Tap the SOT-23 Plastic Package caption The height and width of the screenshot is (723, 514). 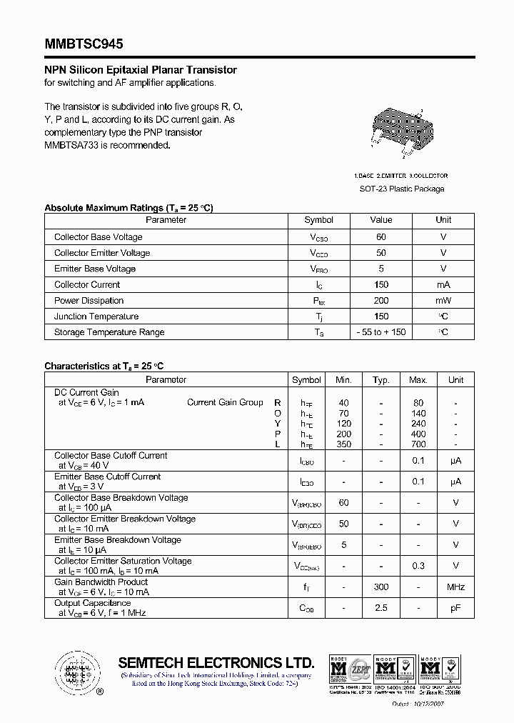[x=401, y=189]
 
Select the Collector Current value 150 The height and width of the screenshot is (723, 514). [x=381, y=285]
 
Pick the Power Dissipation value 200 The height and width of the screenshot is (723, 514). [x=381, y=301]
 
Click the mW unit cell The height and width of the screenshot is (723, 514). [x=443, y=301]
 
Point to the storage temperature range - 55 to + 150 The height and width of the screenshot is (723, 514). [x=381, y=332]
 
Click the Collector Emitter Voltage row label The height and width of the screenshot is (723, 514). [x=102, y=253]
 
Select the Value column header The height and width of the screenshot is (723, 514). [x=381, y=220]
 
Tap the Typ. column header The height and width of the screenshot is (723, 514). [x=381, y=380]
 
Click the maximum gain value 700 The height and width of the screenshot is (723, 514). [x=418, y=444]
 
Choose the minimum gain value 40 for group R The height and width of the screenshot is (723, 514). [x=344, y=403]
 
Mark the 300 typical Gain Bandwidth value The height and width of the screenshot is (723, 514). [x=381, y=587]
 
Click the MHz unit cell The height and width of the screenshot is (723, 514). [x=455, y=587]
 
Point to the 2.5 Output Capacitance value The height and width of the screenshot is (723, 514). [x=381, y=608]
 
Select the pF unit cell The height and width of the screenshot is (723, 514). [x=455, y=608]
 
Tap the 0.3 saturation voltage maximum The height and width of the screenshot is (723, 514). [x=418, y=566]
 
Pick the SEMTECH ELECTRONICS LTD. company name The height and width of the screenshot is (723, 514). [x=216, y=662]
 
